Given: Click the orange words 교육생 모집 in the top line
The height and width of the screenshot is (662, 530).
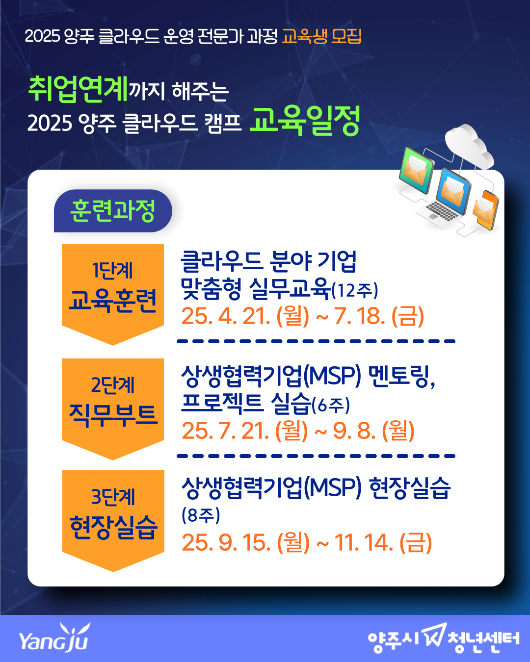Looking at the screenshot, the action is (x=321, y=36).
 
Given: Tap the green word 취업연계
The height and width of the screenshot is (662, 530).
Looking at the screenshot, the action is (x=78, y=89).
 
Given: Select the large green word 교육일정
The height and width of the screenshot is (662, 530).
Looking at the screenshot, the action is (x=305, y=121).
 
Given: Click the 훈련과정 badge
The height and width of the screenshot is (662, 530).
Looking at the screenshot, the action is (x=113, y=211).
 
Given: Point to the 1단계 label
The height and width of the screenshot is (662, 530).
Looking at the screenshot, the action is (x=112, y=270).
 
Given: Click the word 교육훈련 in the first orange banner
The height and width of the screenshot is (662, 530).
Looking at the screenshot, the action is (x=113, y=301).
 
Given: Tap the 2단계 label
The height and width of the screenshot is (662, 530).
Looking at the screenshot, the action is (x=113, y=385).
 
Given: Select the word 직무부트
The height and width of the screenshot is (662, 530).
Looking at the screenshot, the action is (x=113, y=415).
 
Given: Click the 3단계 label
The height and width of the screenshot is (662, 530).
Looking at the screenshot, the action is (x=113, y=497).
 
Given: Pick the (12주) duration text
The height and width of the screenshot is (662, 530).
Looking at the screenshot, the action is (x=355, y=290).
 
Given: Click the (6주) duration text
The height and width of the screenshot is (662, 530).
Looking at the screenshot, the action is (x=331, y=405).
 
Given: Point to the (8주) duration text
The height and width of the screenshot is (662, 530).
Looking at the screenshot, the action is (x=201, y=515).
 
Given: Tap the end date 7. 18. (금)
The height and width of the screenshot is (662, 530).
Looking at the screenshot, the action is (x=379, y=316).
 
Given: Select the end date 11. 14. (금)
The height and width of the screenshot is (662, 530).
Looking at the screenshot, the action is (x=383, y=542).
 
